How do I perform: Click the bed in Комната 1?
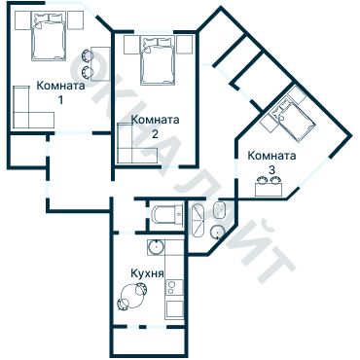[x=49, y=36]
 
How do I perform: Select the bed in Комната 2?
[x=158, y=60]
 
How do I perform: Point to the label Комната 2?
[x=155, y=126]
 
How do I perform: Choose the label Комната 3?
[x=271, y=162]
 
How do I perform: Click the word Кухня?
[x=147, y=273]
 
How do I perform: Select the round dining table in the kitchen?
[x=132, y=296]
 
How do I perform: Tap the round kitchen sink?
[x=156, y=247]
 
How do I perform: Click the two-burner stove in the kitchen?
[x=174, y=288]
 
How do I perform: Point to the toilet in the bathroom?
[x=220, y=210]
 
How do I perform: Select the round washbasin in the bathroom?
[x=217, y=233]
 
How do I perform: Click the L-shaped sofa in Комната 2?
[x=136, y=144]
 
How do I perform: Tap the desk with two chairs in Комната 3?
[x=269, y=187]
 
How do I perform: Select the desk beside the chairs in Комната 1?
[x=100, y=64]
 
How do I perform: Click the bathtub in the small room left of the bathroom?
[x=166, y=215]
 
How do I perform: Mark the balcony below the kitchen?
[x=149, y=341]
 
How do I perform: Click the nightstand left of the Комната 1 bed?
[x=22, y=20]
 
